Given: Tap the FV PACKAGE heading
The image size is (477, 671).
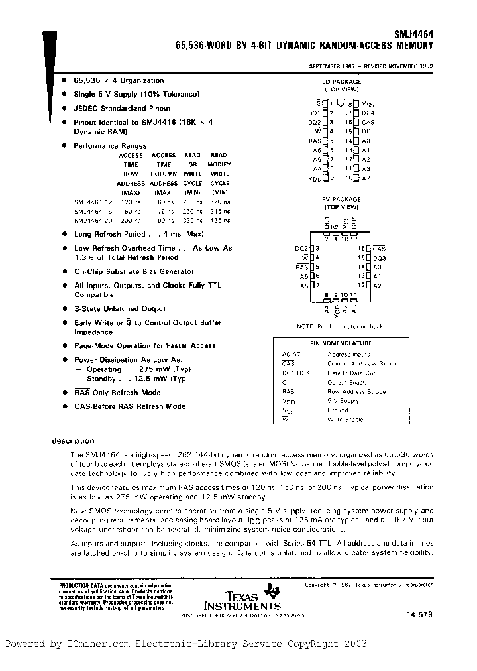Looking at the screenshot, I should (341, 199).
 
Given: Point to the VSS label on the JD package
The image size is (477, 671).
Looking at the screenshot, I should (368, 104).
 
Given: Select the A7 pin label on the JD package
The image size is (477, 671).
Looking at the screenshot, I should (366, 178).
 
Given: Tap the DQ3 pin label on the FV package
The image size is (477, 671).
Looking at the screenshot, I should (379, 257).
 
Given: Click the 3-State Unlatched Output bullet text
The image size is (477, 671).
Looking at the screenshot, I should (120, 308).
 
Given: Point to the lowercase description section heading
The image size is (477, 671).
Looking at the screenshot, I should (73, 440).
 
